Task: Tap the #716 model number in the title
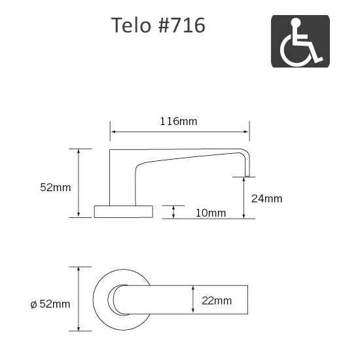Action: pyautogui.click(x=183, y=26)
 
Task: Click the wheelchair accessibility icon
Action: pyautogui.click(x=300, y=41)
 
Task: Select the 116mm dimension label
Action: pyautogui.click(x=179, y=121)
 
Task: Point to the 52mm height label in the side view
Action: pyautogui.click(x=55, y=187)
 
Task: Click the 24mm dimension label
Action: pyautogui.click(x=267, y=198)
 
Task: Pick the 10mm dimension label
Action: pyautogui.click(x=210, y=213)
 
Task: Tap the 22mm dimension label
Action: pyautogui.click(x=217, y=300)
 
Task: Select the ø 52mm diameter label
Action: pyautogui.click(x=50, y=303)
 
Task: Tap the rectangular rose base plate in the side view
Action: pyautogui.click(x=123, y=211)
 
